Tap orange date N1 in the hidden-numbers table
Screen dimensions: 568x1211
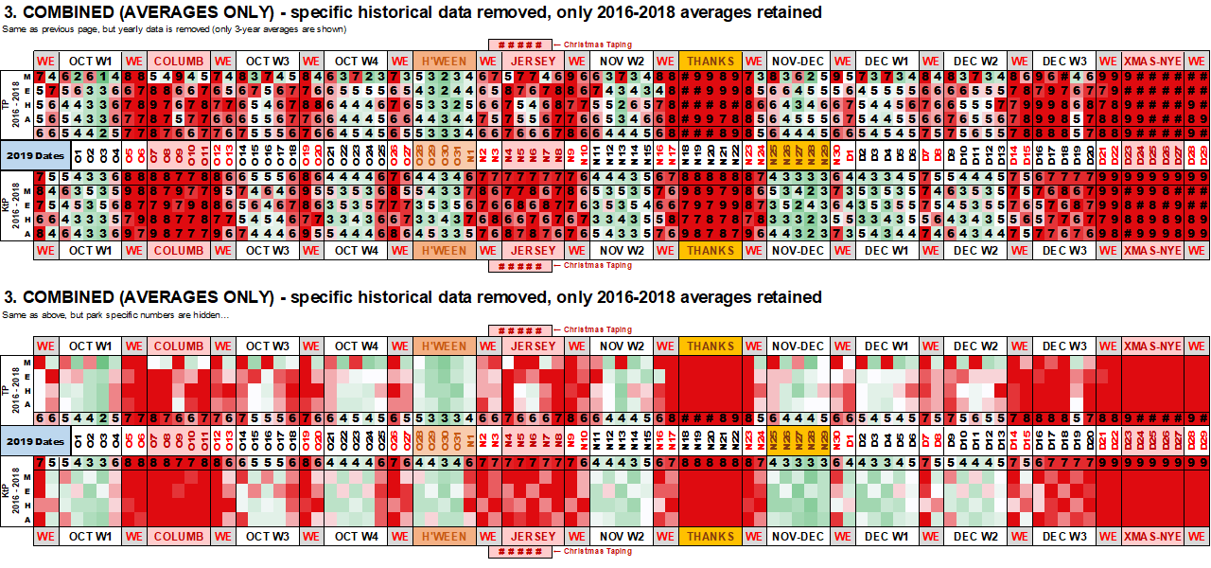pyautogui.click(x=469, y=439)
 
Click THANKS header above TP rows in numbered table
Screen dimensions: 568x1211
pyautogui.click(x=710, y=61)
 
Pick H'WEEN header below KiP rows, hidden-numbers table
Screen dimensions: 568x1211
pyautogui.click(x=444, y=536)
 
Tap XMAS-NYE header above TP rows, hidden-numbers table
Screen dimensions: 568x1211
pyautogui.click(x=1152, y=346)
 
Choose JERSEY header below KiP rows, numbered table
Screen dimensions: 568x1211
pyautogui.click(x=534, y=250)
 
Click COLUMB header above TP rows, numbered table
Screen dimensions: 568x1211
pyautogui.click(x=178, y=61)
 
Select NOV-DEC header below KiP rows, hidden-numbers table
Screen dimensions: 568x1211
pyautogui.click(x=798, y=536)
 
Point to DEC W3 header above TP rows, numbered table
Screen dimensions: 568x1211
pyautogui.click(x=1064, y=61)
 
